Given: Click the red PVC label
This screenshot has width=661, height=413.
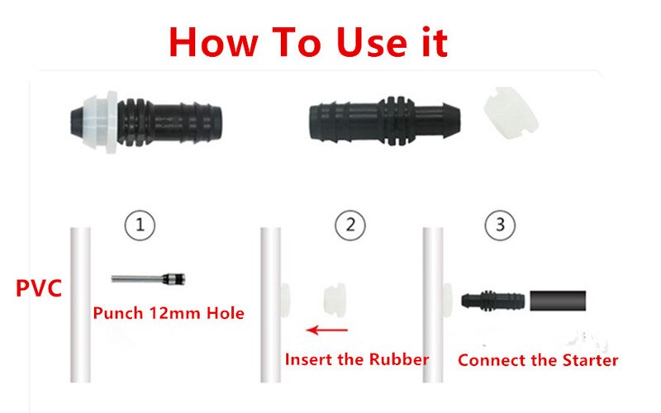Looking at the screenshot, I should pos(38,291).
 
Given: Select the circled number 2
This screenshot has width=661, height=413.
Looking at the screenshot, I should pos(351,223).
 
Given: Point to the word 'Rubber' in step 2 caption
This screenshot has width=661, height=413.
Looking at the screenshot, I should pos(400,359).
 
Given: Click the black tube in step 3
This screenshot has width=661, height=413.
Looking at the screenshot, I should pos(558,298).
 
